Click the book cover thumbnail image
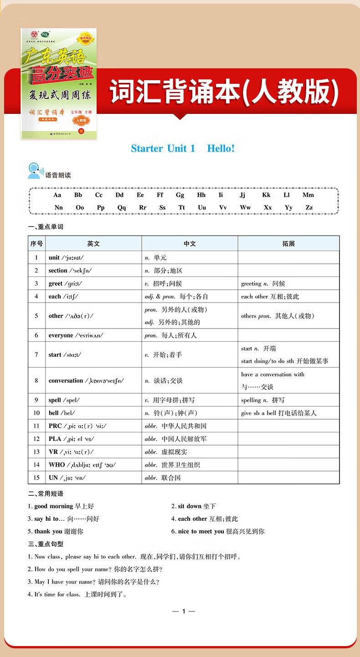[x=58, y=84]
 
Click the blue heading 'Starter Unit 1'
[x=163, y=148]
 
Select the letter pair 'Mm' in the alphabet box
[x=308, y=195]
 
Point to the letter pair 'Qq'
[x=122, y=207]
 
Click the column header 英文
[x=93, y=244]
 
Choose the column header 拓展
[x=288, y=244]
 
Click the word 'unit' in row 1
[x=54, y=257]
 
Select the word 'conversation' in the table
[x=66, y=380]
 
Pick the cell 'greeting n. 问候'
[x=263, y=283]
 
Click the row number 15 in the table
[x=36, y=477]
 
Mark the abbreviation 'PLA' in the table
[x=55, y=439]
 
